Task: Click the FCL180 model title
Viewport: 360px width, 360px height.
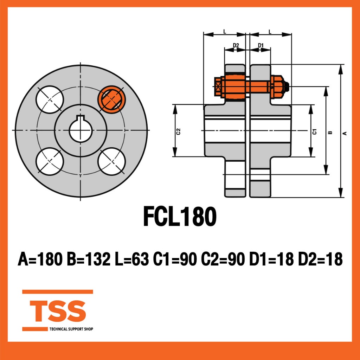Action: (x=180, y=216)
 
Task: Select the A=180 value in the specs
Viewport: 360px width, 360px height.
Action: (x=40, y=259)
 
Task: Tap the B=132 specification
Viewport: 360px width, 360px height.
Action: (x=89, y=259)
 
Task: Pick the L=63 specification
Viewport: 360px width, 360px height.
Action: (x=132, y=259)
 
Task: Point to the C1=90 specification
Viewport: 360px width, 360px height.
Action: (x=175, y=259)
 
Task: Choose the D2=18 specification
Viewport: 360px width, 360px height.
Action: (x=320, y=259)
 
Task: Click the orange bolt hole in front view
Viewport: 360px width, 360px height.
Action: (x=111, y=99)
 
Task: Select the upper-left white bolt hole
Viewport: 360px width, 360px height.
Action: (x=50, y=99)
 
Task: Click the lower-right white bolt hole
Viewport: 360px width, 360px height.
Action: (x=111, y=161)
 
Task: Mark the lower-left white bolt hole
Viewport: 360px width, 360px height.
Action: (x=50, y=161)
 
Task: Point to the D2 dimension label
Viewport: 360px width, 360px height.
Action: (x=236, y=45)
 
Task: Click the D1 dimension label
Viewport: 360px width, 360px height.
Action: (x=261, y=45)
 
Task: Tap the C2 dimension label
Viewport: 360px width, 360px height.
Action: (x=178, y=131)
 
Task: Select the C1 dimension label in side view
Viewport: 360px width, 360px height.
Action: (x=315, y=131)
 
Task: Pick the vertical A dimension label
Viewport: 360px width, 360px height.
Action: (x=345, y=133)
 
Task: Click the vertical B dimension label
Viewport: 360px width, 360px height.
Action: (x=330, y=133)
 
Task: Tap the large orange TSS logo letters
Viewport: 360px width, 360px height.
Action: (x=58, y=311)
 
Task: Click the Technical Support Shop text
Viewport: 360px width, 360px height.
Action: (x=71, y=329)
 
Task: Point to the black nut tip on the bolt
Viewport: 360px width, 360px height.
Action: (x=286, y=86)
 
